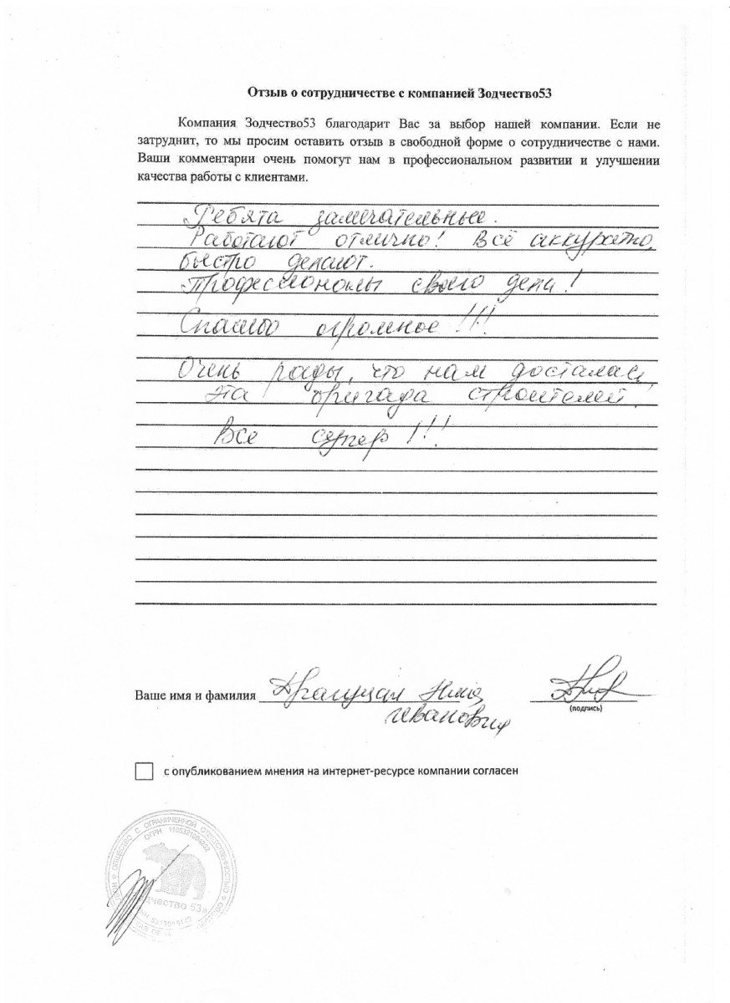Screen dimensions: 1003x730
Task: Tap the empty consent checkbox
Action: click(x=145, y=771)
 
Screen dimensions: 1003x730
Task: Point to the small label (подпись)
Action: click(x=585, y=708)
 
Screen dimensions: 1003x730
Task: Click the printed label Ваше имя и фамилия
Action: click(x=194, y=695)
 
